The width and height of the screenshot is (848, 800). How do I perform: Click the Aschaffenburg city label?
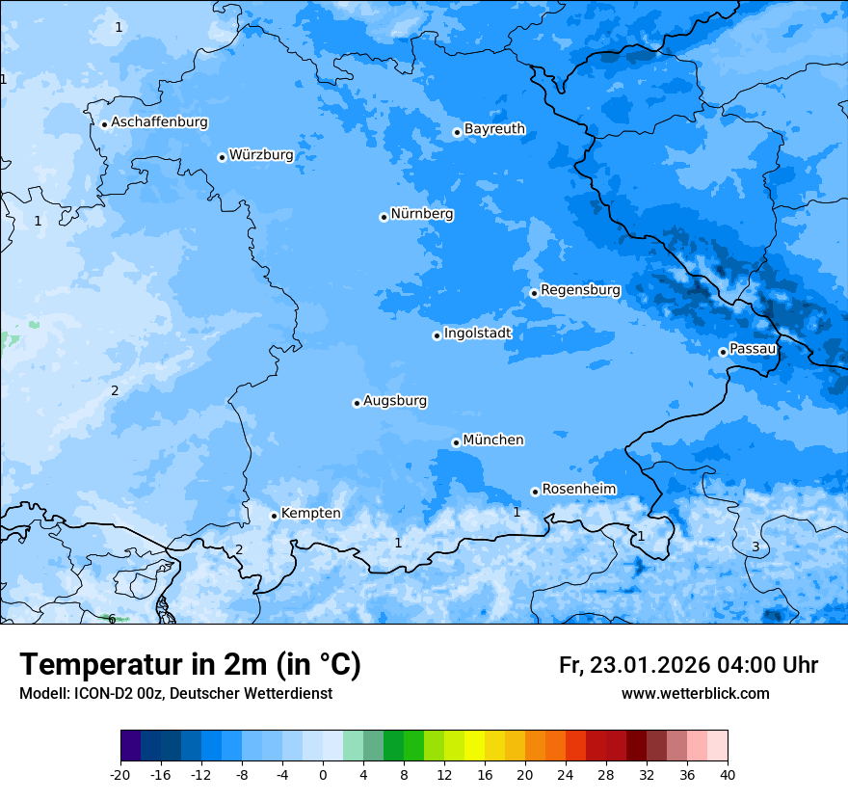[159, 122]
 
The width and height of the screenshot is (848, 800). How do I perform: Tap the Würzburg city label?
[261, 155]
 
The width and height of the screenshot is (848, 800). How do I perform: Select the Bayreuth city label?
[494, 129]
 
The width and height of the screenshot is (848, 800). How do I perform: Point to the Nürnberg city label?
[421, 214]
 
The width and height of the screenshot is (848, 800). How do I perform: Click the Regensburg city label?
[580, 290]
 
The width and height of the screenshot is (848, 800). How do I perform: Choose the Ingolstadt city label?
[477, 333]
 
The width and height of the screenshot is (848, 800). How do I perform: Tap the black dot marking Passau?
[723, 352]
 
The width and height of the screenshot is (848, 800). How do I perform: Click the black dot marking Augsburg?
[357, 403]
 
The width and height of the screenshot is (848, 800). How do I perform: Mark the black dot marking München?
[456, 442]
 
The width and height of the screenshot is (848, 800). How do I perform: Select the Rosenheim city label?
[578, 490]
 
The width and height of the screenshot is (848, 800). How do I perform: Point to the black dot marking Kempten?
[274, 516]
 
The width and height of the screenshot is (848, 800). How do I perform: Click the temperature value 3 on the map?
[755, 547]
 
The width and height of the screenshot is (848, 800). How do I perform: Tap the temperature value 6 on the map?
[112, 619]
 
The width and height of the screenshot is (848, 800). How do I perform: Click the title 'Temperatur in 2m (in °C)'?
[190, 665]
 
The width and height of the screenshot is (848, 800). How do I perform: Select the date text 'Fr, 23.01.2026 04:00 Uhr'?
[688, 666]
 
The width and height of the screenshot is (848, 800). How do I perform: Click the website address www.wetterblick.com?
[695, 694]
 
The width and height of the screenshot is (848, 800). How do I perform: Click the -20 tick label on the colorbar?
[120, 775]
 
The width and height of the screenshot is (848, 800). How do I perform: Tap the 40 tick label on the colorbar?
[728, 775]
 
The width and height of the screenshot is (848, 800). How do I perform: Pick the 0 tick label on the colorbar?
[323, 775]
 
